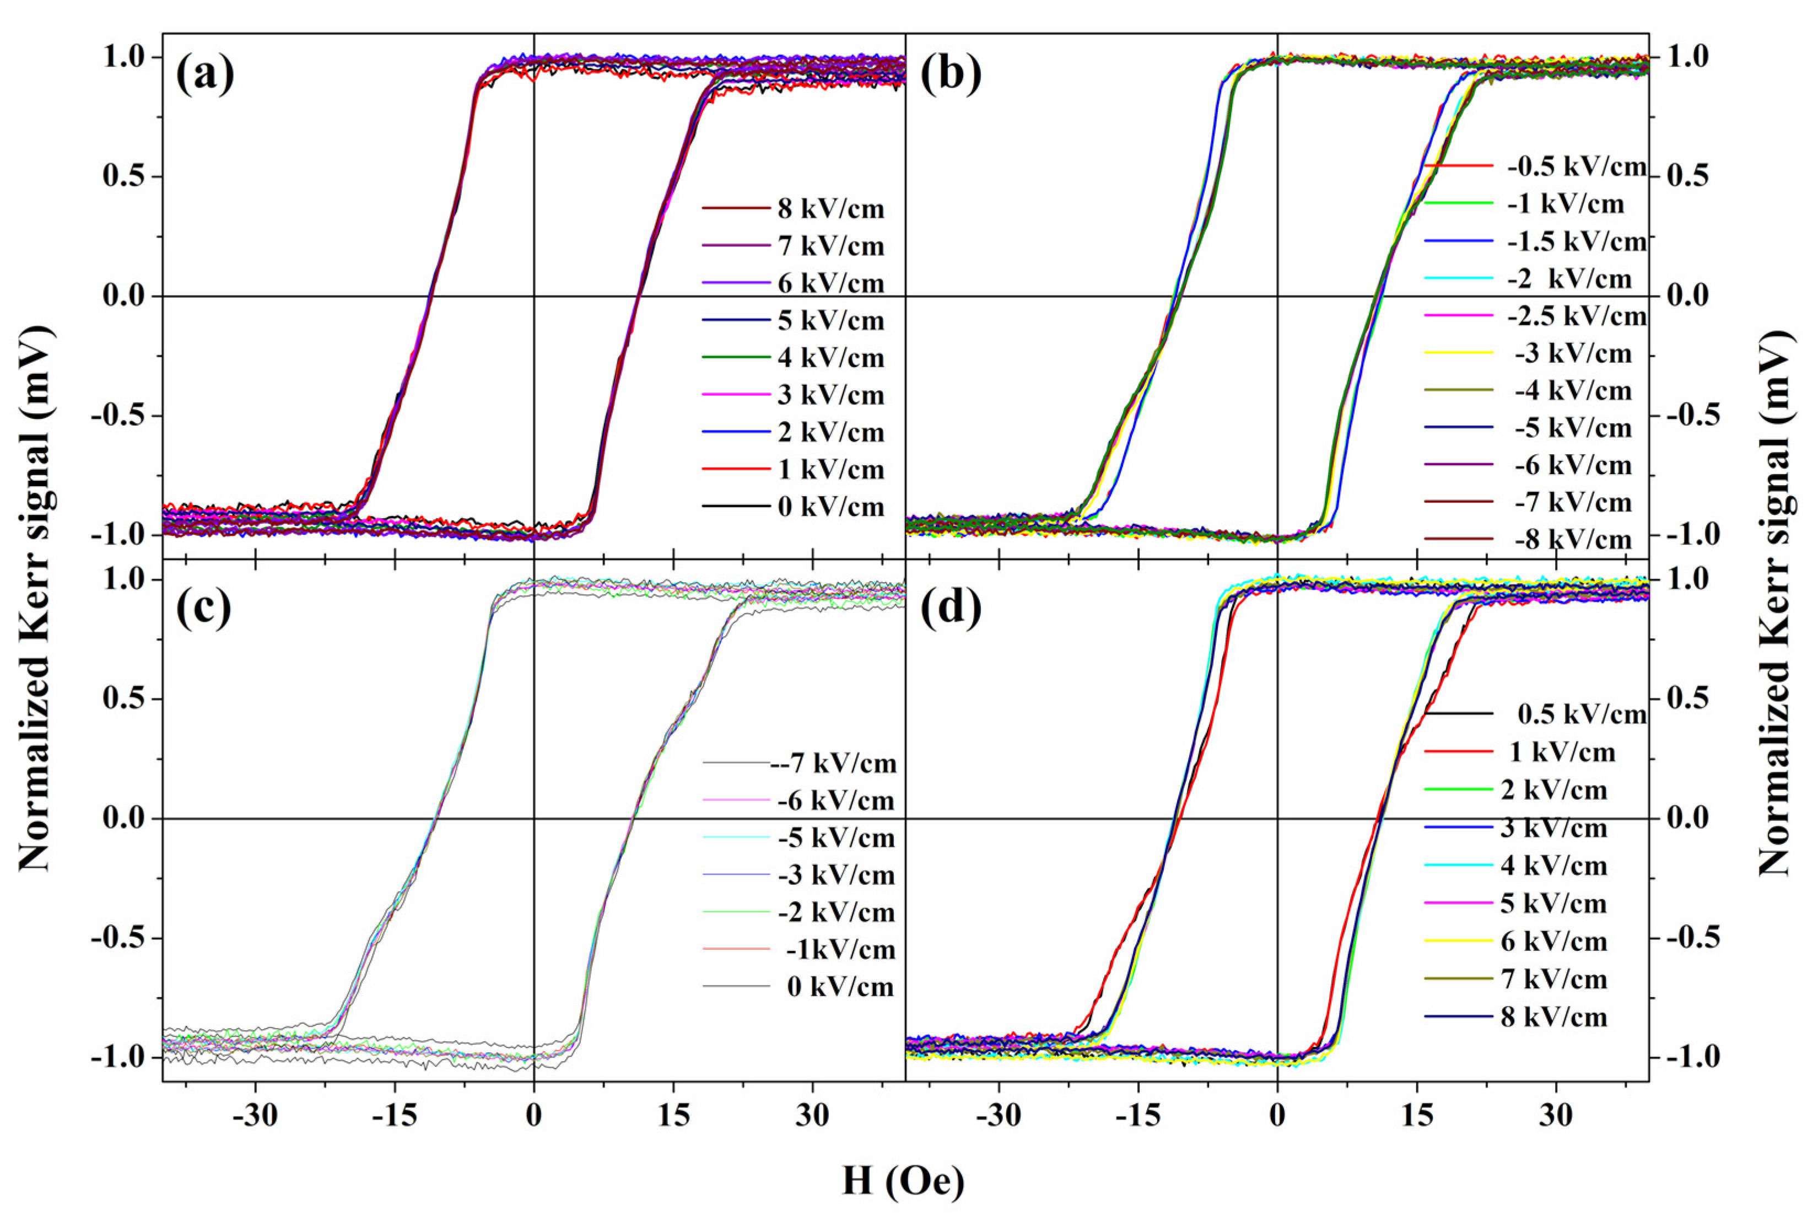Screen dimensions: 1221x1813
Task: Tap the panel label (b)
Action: [949, 76]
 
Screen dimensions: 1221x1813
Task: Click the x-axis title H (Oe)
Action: [903, 1181]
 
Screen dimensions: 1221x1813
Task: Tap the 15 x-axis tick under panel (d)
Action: [1417, 1116]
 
